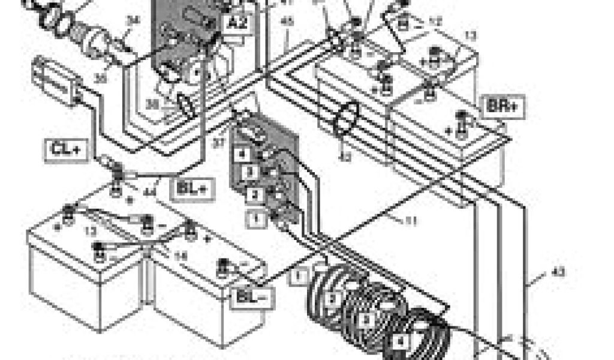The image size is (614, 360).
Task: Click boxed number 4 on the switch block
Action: (x=242, y=154)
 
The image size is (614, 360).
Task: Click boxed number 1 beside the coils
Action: (x=300, y=277)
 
